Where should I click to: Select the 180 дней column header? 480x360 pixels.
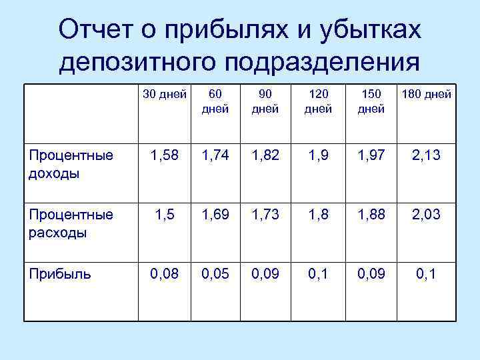(x=427, y=94)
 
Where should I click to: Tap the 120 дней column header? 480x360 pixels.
(x=318, y=101)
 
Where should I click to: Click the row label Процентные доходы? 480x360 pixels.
(x=71, y=163)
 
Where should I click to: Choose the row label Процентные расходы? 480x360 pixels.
(x=71, y=223)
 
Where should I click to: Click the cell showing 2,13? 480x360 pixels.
(x=427, y=157)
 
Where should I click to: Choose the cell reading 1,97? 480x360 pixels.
(x=370, y=157)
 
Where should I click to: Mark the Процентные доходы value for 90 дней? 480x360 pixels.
(x=266, y=157)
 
